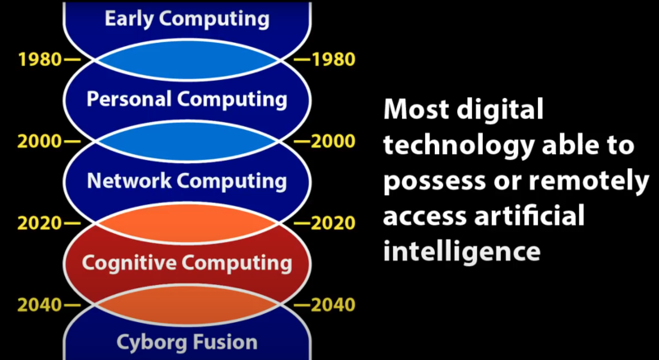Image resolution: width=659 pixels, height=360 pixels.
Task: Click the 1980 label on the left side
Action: coord(40,59)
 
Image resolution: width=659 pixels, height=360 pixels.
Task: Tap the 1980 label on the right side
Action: coord(333,59)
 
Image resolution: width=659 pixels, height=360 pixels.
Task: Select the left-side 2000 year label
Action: coord(40,142)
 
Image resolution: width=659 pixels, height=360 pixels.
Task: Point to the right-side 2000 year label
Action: coord(333,142)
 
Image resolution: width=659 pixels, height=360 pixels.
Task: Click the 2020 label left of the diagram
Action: coord(40,223)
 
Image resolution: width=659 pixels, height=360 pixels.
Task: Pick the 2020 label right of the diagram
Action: coord(333,223)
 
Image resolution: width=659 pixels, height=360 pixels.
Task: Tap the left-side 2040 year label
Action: coord(40,306)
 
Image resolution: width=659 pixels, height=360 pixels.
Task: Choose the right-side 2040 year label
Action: coord(333,306)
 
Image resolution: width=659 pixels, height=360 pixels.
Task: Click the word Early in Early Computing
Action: coord(127,19)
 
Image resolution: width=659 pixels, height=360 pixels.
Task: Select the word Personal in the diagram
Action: coord(129,100)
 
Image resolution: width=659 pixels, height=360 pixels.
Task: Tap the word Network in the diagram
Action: coord(129,180)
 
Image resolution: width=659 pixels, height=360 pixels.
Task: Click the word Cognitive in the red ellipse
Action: coord(129,263)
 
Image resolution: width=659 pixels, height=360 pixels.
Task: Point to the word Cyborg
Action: coord(145,343)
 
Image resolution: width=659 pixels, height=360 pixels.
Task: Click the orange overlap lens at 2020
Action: coord(188,223)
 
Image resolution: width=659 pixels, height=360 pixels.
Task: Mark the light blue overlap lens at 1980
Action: coord(188,59)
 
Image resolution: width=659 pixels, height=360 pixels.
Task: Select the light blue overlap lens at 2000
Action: coord(188,142)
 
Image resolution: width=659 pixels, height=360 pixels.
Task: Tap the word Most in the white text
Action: coord(414,110)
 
